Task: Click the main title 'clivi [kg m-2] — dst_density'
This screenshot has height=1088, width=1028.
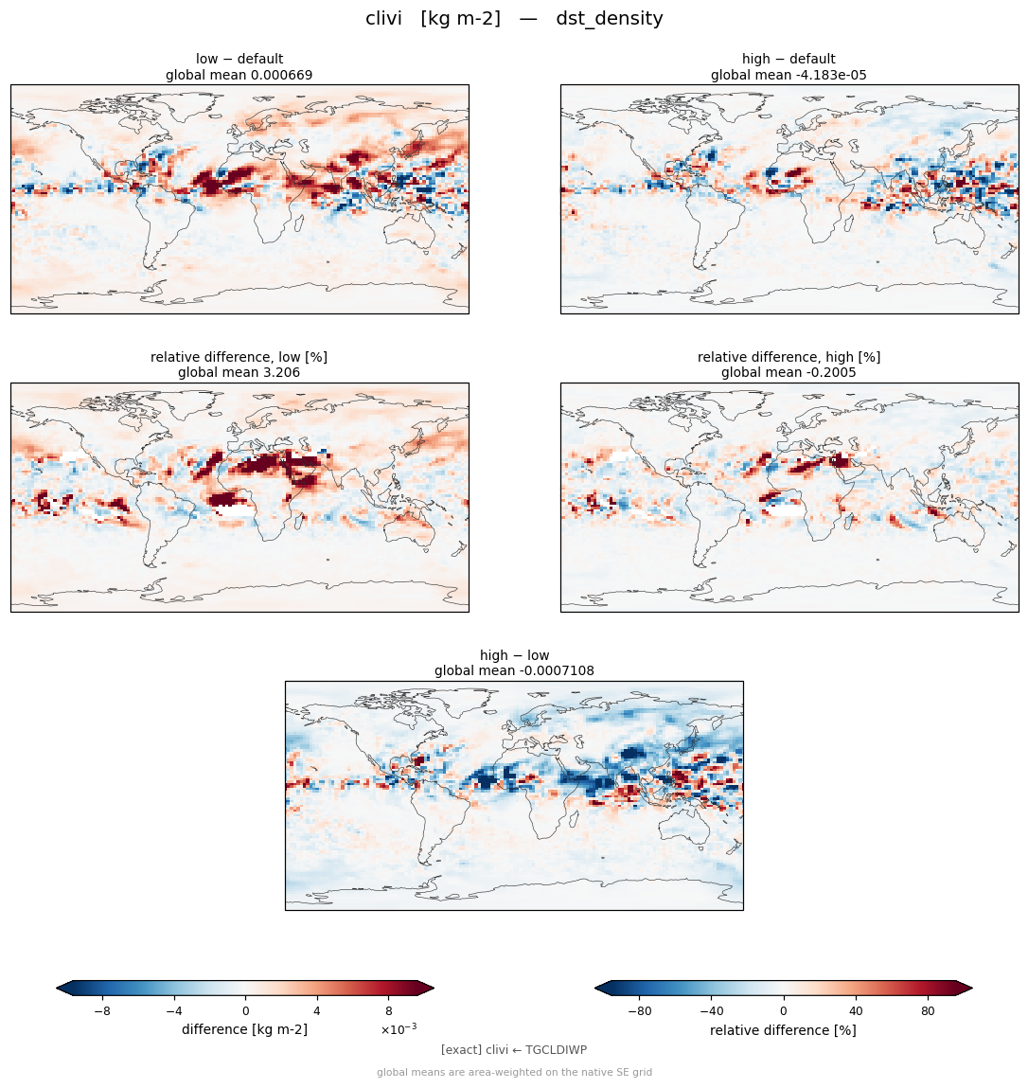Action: click(514, 18)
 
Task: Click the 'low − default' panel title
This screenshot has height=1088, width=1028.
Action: click(239, 59)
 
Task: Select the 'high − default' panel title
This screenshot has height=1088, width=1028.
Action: click(789, 59)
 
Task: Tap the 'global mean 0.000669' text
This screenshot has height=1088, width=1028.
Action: click(239, 75)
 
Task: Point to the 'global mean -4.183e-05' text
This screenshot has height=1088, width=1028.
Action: click(789, 75)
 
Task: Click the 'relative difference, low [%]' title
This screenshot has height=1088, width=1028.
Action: click(239, 357)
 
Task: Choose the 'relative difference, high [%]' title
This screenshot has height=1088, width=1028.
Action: click(789, 357)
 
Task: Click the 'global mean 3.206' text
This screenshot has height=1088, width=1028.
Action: click(239, 373)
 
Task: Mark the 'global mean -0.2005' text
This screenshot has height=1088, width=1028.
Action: click(789, 373)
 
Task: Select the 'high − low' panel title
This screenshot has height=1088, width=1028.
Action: click(514, 655)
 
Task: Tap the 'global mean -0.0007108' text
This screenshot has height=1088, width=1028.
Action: click(514, 671)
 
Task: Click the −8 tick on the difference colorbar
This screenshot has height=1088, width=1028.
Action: click(102, 1011)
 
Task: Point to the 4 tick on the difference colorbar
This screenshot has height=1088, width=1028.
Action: click(317, 1011)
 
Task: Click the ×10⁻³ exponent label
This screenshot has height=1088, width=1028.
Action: click(399, 1029)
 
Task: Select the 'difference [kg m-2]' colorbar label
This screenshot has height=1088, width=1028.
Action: click(244, 1029)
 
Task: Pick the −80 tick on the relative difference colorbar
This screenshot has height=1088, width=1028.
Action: click(640, 1011)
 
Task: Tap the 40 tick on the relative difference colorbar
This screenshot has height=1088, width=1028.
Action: click(856, 1011)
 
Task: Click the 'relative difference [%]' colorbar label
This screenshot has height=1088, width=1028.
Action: click(783, 1030)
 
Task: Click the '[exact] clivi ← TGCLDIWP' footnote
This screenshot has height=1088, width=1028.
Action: click(514, 1050)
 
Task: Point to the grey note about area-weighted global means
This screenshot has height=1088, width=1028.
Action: click(514, 1072)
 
